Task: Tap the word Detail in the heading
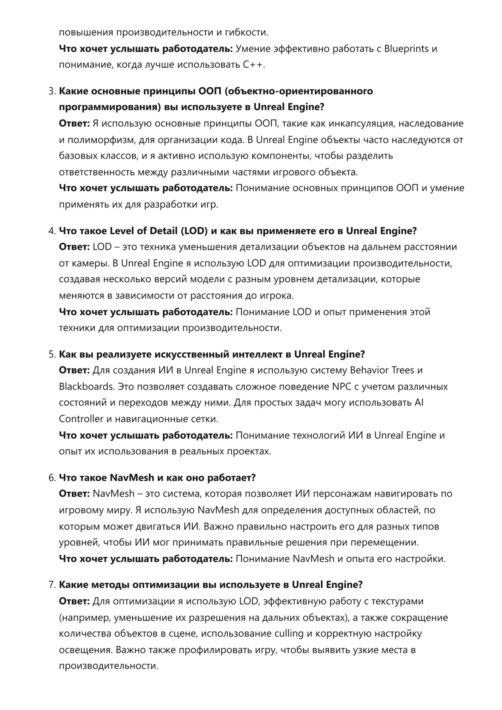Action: click(163, 231)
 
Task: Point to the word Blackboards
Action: click(86, 387)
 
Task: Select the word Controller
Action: click(81, 419)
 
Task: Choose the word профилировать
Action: click(213, 650)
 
